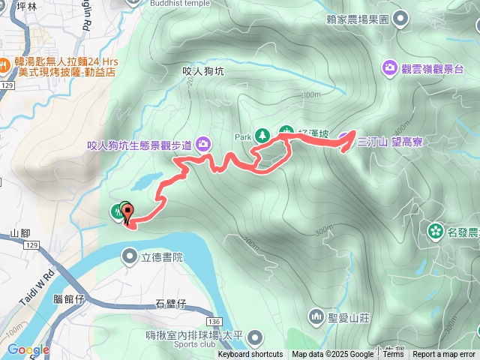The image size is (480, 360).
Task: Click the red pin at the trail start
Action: (127, 213)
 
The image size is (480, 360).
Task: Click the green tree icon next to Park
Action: (262, 136)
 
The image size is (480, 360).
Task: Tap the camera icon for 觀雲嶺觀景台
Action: (390, 68)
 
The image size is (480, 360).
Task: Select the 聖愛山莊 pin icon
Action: (316, 316)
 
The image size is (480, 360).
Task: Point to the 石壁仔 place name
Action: (170, 304)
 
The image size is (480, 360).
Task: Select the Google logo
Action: (28, 349)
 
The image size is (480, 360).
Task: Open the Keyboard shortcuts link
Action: (250, 355)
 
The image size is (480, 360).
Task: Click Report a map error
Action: (444, 355)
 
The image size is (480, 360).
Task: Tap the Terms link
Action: (392, 355)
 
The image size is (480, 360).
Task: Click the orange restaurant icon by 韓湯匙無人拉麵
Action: (4, 65)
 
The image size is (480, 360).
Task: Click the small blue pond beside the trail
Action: (146, 182)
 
